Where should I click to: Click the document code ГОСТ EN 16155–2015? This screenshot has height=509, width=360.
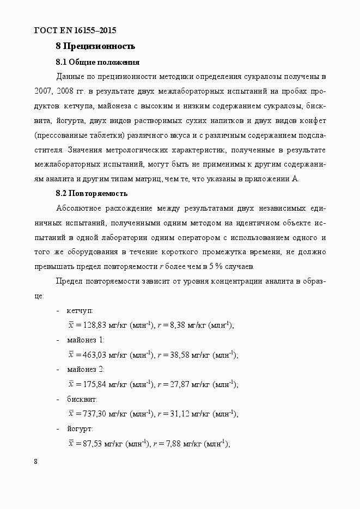pyautogui.click(x=75, y=30)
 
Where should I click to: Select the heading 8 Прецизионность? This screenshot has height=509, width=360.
pyautogui.click(x=95, y=46)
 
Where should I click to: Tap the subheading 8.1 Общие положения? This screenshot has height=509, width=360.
pyautogui.click(x=97, y=62)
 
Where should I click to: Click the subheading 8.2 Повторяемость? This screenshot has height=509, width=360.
pyautogui.click(x=91, y=193)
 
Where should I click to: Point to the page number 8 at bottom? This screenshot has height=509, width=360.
pyautogui.click(x=36, y=462)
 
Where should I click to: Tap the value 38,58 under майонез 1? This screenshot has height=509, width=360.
pyautogui.click(x=177, y=355)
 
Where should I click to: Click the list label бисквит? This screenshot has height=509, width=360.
pyautogui.click(x=82, y=399)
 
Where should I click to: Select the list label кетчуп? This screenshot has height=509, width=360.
pyautogui.click(x=80, y=310)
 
